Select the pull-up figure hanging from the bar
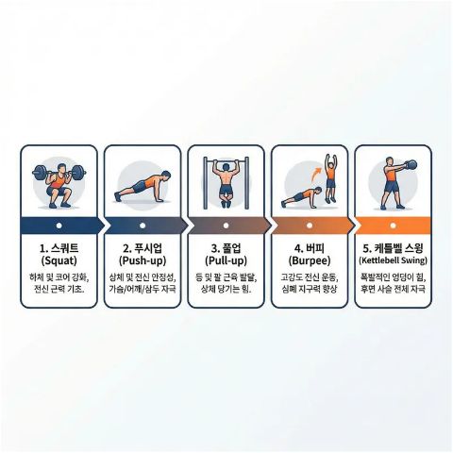point(226,180)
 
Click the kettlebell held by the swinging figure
point(410,166)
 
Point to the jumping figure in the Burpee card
point(330,175)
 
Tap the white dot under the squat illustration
point(59,226)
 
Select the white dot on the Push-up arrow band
point(143,226)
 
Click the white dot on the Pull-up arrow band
point(226,226)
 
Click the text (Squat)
point(59,259)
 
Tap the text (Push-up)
point(142,259)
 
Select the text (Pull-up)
point(226,259)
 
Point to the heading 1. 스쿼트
point(59,245)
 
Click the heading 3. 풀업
point(226,245)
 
